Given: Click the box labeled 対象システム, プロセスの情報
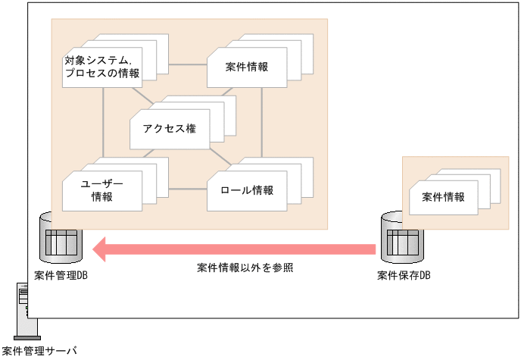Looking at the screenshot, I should (x=101, y=67).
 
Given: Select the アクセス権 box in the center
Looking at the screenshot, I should (x=169, y=128).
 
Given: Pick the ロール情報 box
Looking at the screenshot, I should (x=247, y=190).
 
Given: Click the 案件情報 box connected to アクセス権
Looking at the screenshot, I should (x=247, y=67).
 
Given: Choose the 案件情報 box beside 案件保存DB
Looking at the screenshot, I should (x=443, y=197).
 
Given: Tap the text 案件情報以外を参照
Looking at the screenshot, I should (x=245, y=268).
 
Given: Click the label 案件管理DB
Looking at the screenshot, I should (x=61, y=275).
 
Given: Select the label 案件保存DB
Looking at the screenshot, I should (x=404, y=275).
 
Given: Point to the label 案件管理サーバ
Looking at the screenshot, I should (x=39, y=351).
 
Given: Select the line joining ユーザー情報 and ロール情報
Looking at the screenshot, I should (x=186, y=189).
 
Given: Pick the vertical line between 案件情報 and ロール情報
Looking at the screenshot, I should (x=262, y=121).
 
